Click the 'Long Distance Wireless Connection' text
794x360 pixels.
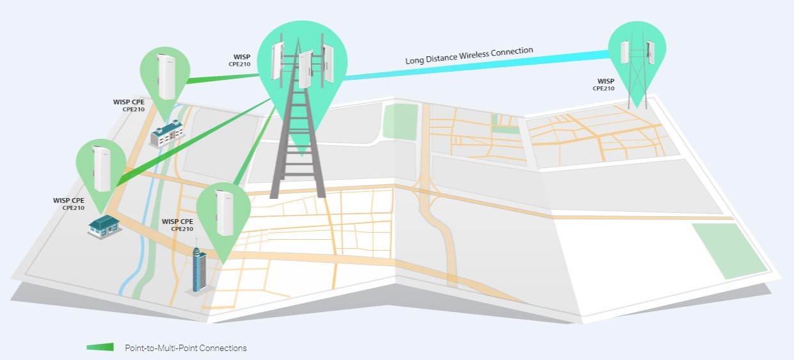tap(469, 56)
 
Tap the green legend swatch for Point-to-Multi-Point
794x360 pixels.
tap(100, 347)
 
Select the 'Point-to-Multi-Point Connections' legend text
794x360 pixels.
tap(186, 348)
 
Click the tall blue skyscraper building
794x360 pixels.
tap(199, 269)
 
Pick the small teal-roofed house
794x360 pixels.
tap(104, 226)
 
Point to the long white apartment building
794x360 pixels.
tap(167, 133)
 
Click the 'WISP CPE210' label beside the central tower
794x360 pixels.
tap(240, 60)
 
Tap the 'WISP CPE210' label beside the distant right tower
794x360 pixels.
tap(603, 84)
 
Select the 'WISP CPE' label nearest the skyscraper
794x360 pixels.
tap(178, 224)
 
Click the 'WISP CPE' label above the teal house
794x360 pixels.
tap(68, 204)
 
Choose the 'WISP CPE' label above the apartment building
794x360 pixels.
tap(129, 106)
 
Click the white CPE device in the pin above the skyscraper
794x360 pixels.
tap(225, 212)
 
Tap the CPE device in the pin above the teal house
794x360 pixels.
tap(102, 169)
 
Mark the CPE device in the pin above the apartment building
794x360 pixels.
tap(166, 76)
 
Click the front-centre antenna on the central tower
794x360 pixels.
tap(306, 69)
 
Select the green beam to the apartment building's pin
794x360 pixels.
tap(223, 78)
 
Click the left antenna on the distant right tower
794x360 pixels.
tap(624, 52)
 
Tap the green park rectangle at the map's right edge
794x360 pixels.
tap(729, 251)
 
